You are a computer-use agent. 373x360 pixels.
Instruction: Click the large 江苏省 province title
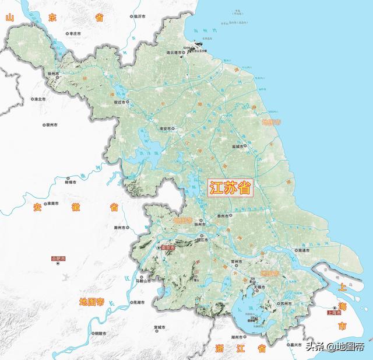point(230,187)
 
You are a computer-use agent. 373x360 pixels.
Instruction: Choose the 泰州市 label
point(224,216)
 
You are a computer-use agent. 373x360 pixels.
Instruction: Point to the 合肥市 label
point(59,258)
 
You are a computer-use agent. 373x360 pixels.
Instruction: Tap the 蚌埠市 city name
point(72,181)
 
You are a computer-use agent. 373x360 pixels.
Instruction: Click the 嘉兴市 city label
point(295,345)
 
